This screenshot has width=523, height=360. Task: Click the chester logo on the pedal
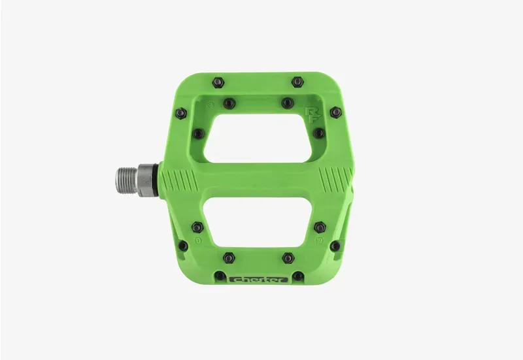pos(258,280)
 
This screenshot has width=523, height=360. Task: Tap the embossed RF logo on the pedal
pos(313,115)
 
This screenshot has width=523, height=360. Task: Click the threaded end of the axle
pos(127,179)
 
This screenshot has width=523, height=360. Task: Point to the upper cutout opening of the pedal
pos(259,138)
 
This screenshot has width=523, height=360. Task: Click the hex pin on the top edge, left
pos(218,82)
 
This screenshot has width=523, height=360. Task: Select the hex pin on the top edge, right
pos(297,82)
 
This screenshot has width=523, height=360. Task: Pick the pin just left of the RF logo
pos(287,103)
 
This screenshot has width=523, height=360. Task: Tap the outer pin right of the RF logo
pos(335,112)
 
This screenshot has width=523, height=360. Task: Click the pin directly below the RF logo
pos(318,133)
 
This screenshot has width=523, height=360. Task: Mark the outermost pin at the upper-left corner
pos(181,113)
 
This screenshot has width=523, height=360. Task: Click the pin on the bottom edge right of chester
pos(298,276)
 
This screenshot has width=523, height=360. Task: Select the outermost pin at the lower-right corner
pos(335,246)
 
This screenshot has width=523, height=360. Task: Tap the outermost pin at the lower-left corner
pos(183,246)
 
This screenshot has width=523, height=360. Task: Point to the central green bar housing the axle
pos(258,179)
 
